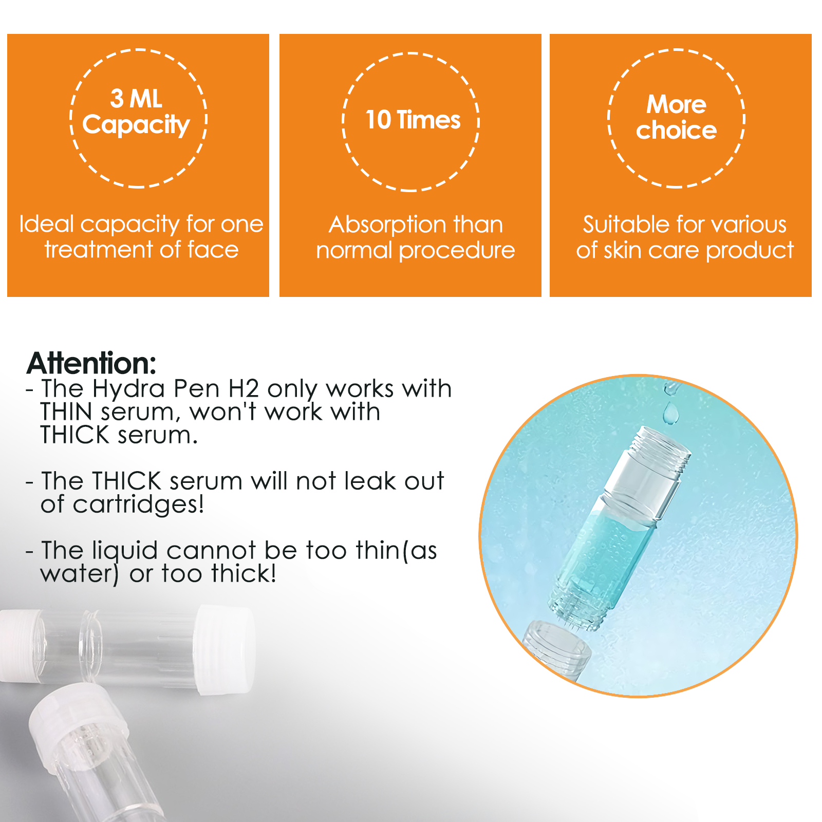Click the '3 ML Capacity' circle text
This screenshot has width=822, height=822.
136,112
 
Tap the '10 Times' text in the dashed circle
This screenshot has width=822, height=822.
413,120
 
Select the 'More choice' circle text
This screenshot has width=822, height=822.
676,117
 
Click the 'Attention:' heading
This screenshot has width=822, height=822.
91,363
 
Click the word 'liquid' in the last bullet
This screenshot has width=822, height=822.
125,550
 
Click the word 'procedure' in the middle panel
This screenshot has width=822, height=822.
457,250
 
